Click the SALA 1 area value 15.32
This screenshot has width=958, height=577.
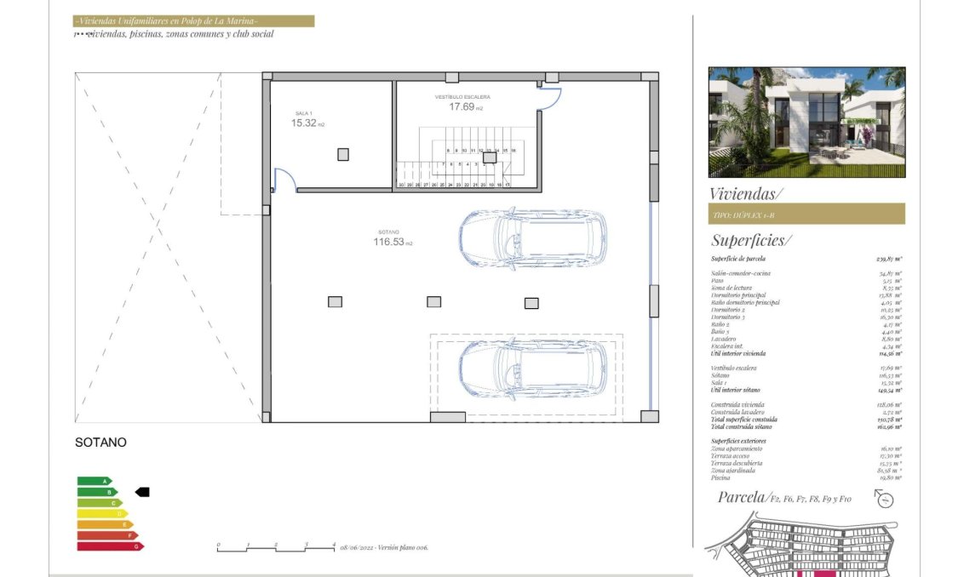pos(303,123)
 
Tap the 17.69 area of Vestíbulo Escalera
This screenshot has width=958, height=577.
pos(461,106)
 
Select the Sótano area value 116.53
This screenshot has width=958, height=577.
pos(387,242)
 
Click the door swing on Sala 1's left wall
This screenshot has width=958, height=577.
pos(284,180)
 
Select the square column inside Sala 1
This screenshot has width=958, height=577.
pos(342,154)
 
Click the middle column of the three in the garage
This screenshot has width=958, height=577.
pos(433,301)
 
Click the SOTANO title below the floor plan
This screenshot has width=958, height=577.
pos(100,443)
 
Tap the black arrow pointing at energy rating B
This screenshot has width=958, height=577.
pos(142,492)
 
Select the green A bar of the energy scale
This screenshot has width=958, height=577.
pos(94,481)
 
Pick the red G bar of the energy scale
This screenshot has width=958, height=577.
pos(107,546)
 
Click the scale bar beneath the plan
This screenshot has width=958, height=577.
pos(276,549)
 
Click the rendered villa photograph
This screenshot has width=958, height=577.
pos(806,122)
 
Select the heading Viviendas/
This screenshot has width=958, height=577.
pos(746,193)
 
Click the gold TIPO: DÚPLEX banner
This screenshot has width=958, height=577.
pos(806,214)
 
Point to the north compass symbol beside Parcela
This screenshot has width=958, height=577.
pos(886,500)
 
